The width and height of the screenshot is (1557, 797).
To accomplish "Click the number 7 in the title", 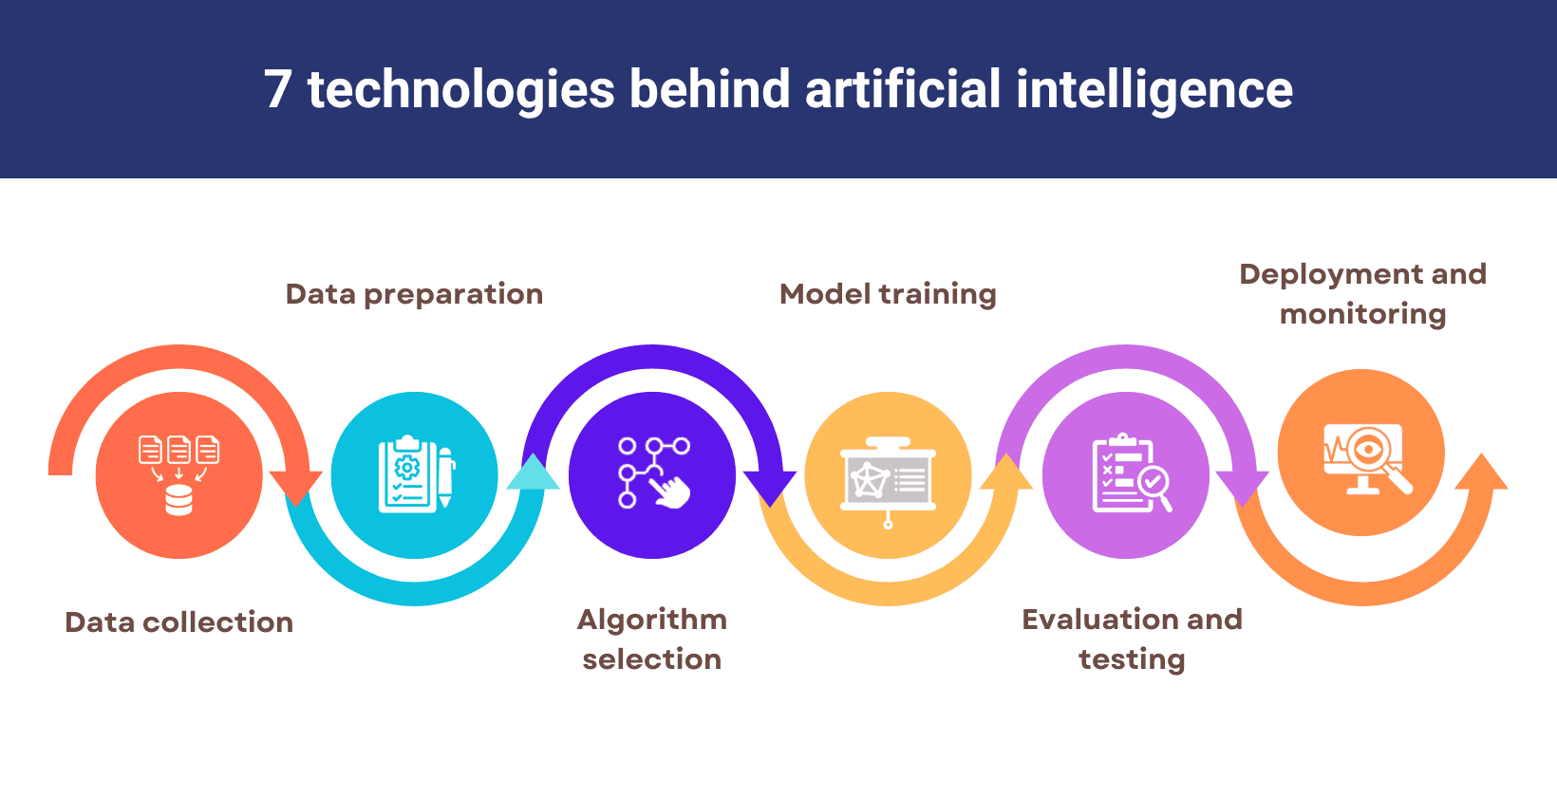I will tap(277, 89).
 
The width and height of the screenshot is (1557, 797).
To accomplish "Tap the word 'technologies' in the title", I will tap(460, 89).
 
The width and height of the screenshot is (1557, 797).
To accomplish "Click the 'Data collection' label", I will tap(178, 622).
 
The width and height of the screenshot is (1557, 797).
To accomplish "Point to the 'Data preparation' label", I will tap(414, 294).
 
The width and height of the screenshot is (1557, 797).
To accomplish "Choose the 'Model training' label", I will tap(888, 294).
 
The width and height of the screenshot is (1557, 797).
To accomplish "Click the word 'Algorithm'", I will tap(652, 620).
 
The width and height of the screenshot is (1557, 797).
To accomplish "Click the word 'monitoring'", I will tap(1362, 314).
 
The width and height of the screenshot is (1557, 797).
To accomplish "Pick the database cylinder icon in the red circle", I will tap(178, 499).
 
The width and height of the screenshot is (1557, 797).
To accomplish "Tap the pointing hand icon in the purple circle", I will tap(671, 491).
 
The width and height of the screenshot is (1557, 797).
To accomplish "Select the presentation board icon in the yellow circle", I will tap(888, 479).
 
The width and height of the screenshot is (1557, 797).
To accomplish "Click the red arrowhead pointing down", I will tap(295, 486).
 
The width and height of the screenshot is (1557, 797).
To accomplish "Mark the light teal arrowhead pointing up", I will tap(534, 473).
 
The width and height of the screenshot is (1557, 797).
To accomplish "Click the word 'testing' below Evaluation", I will tap(1132, 659).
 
